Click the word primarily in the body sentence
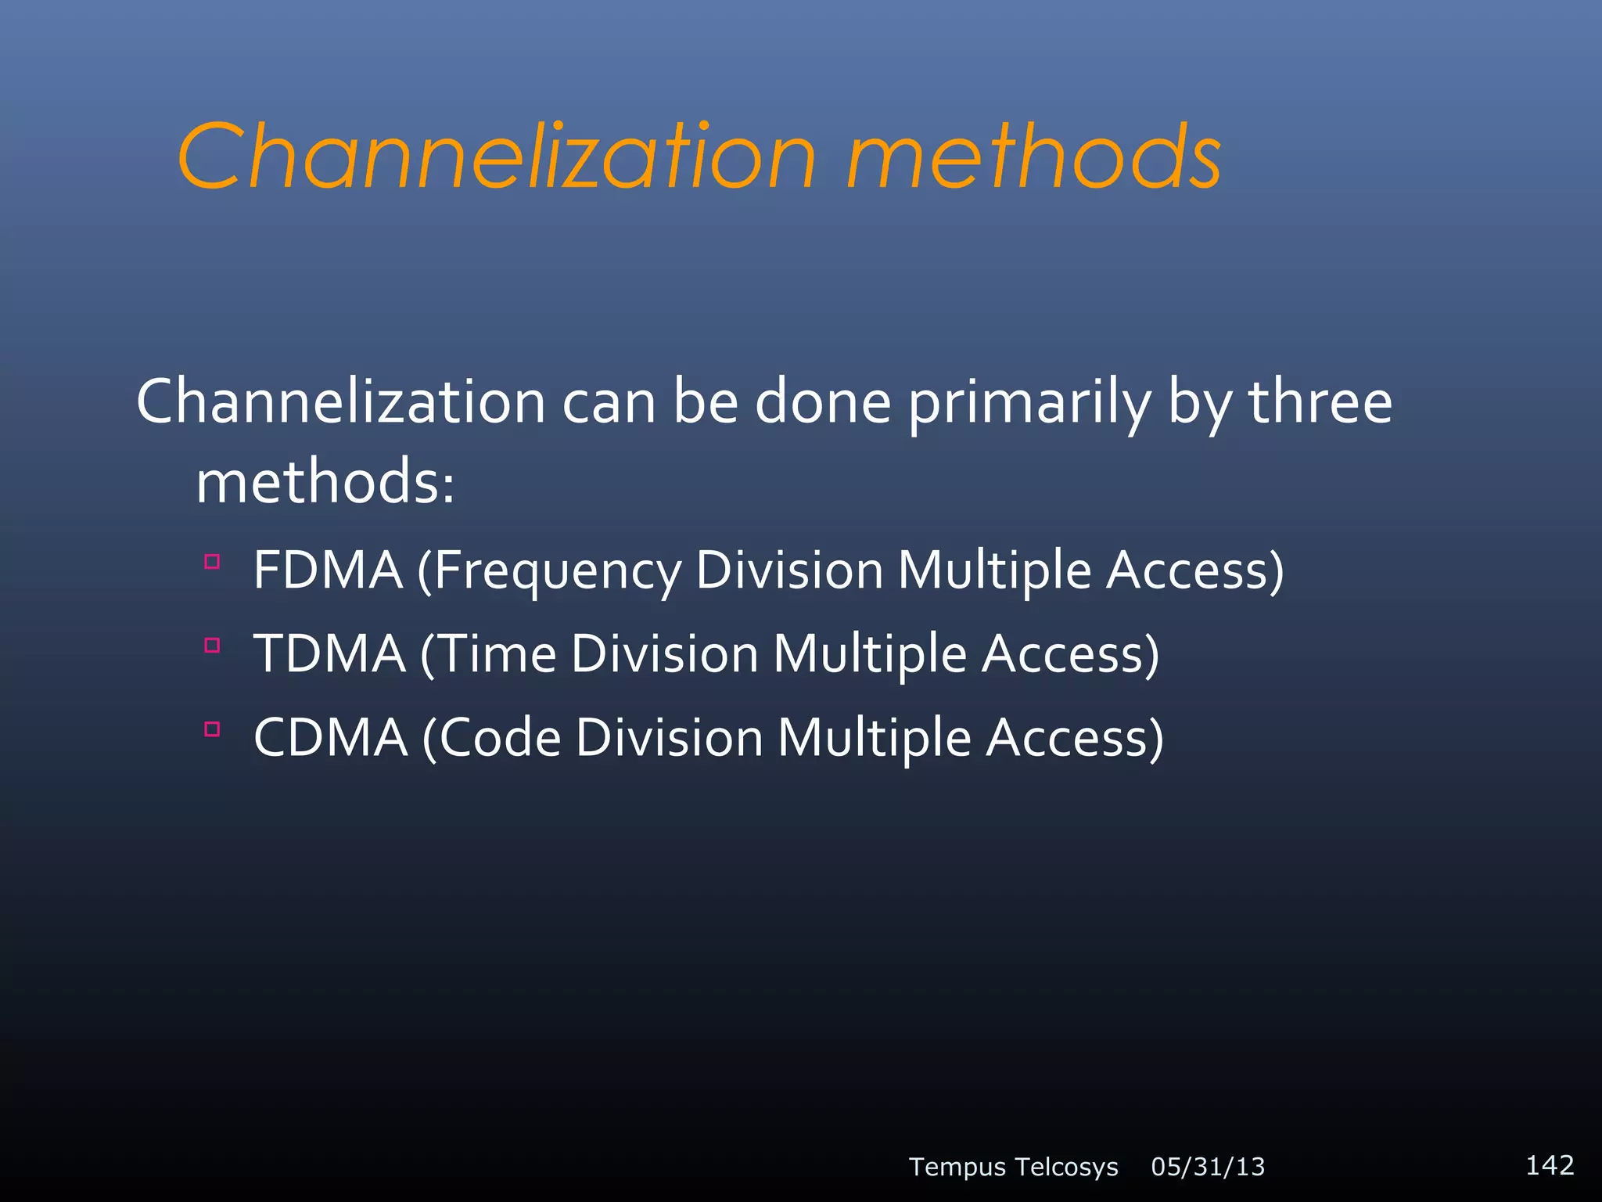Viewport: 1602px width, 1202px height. coord(1029,403)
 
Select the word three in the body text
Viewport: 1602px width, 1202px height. coord(1320,401)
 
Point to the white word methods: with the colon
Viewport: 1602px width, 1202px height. coord(325,482)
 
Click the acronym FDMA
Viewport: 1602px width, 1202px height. coord(328,570)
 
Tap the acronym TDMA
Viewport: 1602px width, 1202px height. coord(329,653)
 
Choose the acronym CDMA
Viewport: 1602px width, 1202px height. coord(331,737)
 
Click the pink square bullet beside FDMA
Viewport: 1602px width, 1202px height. coord(212,561)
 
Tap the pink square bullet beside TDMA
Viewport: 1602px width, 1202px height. coord(212,645)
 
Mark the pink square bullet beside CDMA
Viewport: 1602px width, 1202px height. coord(212,729)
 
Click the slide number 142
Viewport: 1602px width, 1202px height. coord(1550,1165)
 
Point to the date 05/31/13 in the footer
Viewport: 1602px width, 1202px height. coord(1208,1167)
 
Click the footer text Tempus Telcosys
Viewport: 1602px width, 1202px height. coord(1013,1167)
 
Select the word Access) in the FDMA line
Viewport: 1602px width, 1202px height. coord(1194,570)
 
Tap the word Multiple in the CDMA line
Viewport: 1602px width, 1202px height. coord(874,739)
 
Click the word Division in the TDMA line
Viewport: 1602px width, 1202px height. coord(664,653)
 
